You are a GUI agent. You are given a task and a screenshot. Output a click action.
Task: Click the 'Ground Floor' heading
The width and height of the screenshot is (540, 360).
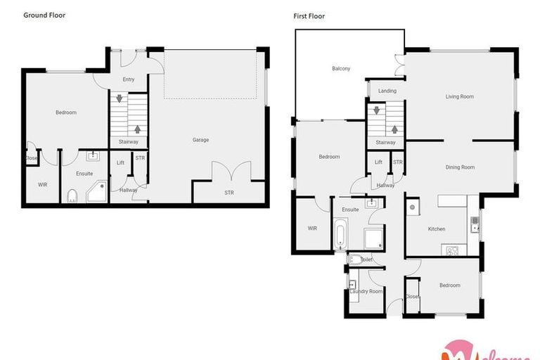point(44,15)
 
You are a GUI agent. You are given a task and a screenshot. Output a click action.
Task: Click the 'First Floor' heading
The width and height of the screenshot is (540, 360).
point(309,15)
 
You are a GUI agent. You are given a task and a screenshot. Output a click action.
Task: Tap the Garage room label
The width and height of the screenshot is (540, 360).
point(200,140)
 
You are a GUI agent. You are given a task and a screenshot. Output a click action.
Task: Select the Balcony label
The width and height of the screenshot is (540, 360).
point(341,68)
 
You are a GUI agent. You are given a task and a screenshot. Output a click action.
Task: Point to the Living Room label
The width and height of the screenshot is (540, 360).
point(460,96)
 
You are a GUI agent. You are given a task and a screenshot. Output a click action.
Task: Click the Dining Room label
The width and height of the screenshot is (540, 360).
point(460,167)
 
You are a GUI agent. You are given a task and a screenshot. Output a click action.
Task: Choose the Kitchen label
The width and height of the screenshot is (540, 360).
point(437,229)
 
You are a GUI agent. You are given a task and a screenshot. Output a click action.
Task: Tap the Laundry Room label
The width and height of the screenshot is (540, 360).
point(366,291)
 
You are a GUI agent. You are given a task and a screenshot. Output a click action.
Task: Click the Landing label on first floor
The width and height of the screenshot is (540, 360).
point(387,91)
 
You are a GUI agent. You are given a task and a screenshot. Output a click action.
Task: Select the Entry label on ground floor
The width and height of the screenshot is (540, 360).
point(128,79)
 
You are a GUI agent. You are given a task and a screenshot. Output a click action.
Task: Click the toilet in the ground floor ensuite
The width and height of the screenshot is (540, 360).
point(72,195)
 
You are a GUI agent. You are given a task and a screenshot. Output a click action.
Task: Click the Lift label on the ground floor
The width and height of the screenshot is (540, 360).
point(120,162)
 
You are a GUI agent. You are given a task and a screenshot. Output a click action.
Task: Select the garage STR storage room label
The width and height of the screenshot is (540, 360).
point(229,193)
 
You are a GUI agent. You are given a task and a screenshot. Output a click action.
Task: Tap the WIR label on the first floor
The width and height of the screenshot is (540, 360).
point(312,228)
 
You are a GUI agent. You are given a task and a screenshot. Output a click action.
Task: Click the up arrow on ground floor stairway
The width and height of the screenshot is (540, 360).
point(137,129)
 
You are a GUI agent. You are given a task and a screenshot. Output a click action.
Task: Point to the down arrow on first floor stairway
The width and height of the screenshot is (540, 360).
point(377,110)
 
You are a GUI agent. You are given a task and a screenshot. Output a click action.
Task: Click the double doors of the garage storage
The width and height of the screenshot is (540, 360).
point(231,172)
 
